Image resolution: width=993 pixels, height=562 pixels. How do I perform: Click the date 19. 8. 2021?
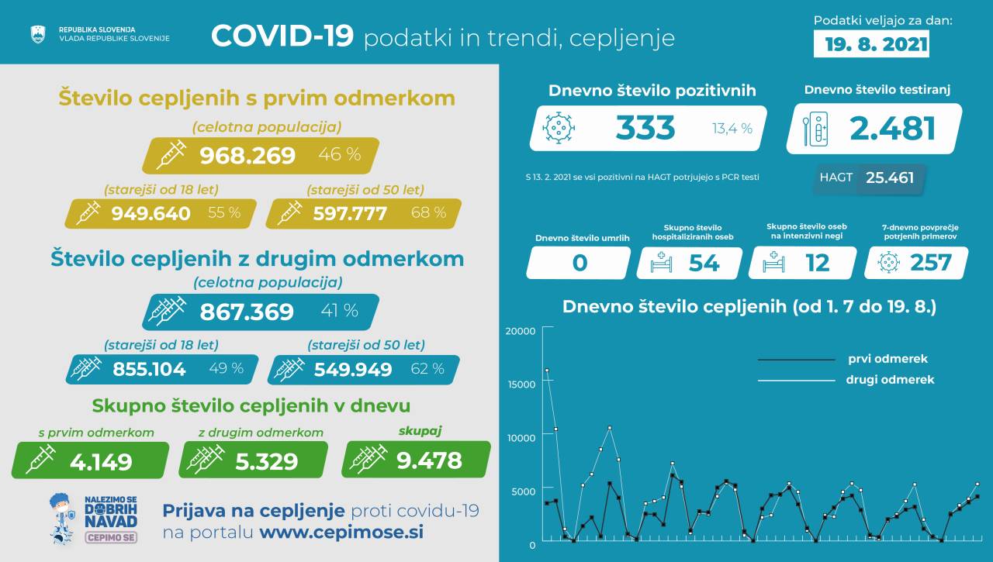[x=871, y=44]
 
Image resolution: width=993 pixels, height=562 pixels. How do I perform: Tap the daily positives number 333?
[x=645, y=128]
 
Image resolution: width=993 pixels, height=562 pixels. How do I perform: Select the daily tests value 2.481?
[x=892, y=129]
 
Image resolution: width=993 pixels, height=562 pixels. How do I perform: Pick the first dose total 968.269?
[x=247, y=156]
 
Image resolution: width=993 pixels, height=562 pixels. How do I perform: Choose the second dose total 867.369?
[x=247, y=312]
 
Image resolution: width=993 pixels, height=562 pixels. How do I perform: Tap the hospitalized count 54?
[x=704, y=263]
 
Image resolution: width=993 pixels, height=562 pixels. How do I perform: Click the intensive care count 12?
[x=817, y=263]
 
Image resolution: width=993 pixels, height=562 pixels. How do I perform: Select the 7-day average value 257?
[x=930, y=263]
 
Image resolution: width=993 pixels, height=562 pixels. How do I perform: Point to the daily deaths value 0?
[x=579, y=263]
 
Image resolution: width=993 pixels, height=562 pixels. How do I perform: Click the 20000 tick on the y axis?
[x=521, y=331]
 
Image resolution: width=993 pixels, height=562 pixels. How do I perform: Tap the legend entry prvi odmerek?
[x=887, y=359]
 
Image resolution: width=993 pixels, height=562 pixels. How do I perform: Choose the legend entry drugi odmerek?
[x=890, y=380]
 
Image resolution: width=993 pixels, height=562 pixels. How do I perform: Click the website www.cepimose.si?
[x=341, y=533]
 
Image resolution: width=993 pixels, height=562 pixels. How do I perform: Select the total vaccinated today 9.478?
[x=429, y=461]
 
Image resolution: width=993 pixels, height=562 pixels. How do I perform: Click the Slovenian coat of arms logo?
[x=38, y=34]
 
